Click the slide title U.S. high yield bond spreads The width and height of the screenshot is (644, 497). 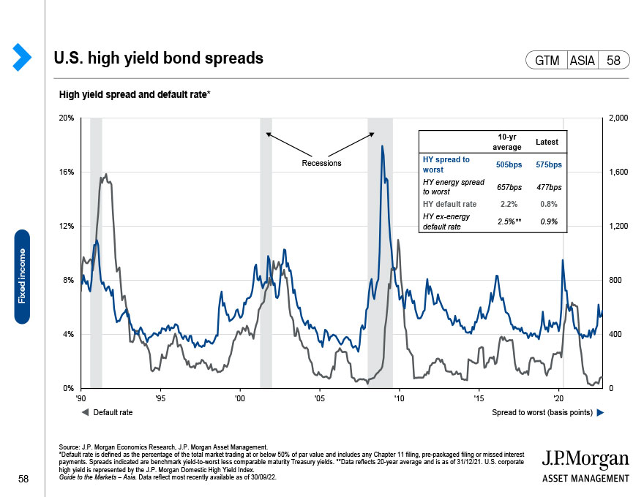tap(159, 58)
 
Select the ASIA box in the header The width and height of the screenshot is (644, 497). tap(582, 61)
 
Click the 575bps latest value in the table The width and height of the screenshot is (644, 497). tap(548, 164)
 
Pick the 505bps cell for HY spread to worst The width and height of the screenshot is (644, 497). tap(509, 164)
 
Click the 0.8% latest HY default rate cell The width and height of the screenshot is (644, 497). tap(548, 204)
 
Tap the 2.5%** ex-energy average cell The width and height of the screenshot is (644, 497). tap(509, 221)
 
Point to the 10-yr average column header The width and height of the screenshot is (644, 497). tap(509, 142)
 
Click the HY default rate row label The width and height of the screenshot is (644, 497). tap(449, 204)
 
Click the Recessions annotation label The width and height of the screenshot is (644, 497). tap(321, 163)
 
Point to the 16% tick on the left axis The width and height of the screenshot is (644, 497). tap(67, 172)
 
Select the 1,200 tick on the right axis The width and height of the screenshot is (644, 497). tap(619, 227)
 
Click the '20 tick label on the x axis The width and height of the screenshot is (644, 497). tap(559, 398)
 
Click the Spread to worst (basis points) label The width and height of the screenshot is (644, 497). tap(542, 413)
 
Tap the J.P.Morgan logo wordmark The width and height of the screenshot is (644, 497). tap(585, 460)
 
